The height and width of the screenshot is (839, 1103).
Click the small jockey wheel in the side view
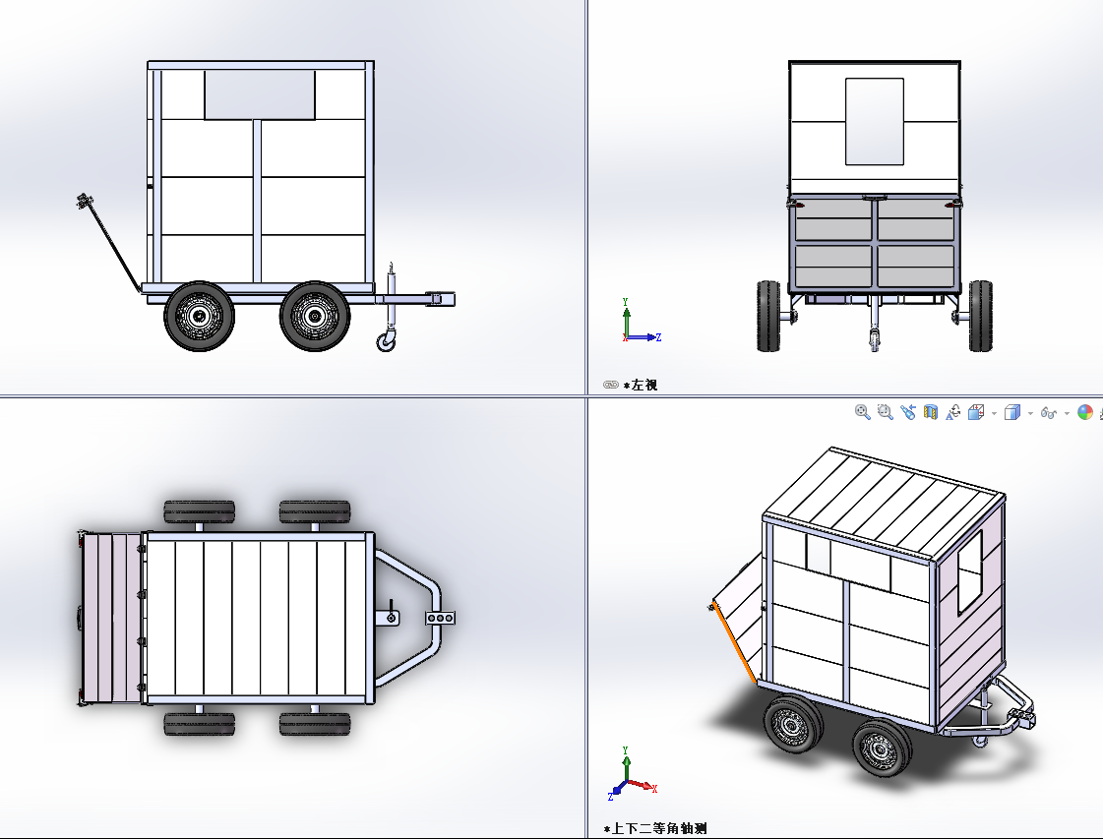click(x=386, y=342)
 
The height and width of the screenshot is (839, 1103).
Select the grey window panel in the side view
click(x=260, y=95)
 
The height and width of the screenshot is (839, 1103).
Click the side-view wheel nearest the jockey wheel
click(x=315, y=316)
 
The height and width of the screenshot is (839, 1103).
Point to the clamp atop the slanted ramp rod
click(x=85, y=201)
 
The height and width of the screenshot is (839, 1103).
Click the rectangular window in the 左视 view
click(x=875, y=122)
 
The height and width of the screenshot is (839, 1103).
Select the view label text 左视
click(x=644, y=385)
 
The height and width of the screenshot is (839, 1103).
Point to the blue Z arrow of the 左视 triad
click(x=643, y=337)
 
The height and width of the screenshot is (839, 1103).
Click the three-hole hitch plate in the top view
click(x=441, y=618)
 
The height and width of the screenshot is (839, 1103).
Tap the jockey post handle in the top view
click(x=391, y=615)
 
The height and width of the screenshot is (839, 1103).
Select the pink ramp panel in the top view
click(x=112, y=618)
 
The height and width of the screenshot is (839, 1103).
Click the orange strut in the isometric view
click(x=734, y=643)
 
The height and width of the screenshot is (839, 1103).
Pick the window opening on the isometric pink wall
click(x=969, y=571)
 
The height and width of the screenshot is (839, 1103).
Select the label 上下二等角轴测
click(x=659, y=828)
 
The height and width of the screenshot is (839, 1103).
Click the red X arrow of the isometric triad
click(x=643, y=785)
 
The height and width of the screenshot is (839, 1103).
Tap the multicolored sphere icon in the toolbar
click(x=1085, y=413)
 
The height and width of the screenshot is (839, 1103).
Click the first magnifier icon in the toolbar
click(x=862, y=413)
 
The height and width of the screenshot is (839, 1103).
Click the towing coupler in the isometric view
click(x=1022, y=717)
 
